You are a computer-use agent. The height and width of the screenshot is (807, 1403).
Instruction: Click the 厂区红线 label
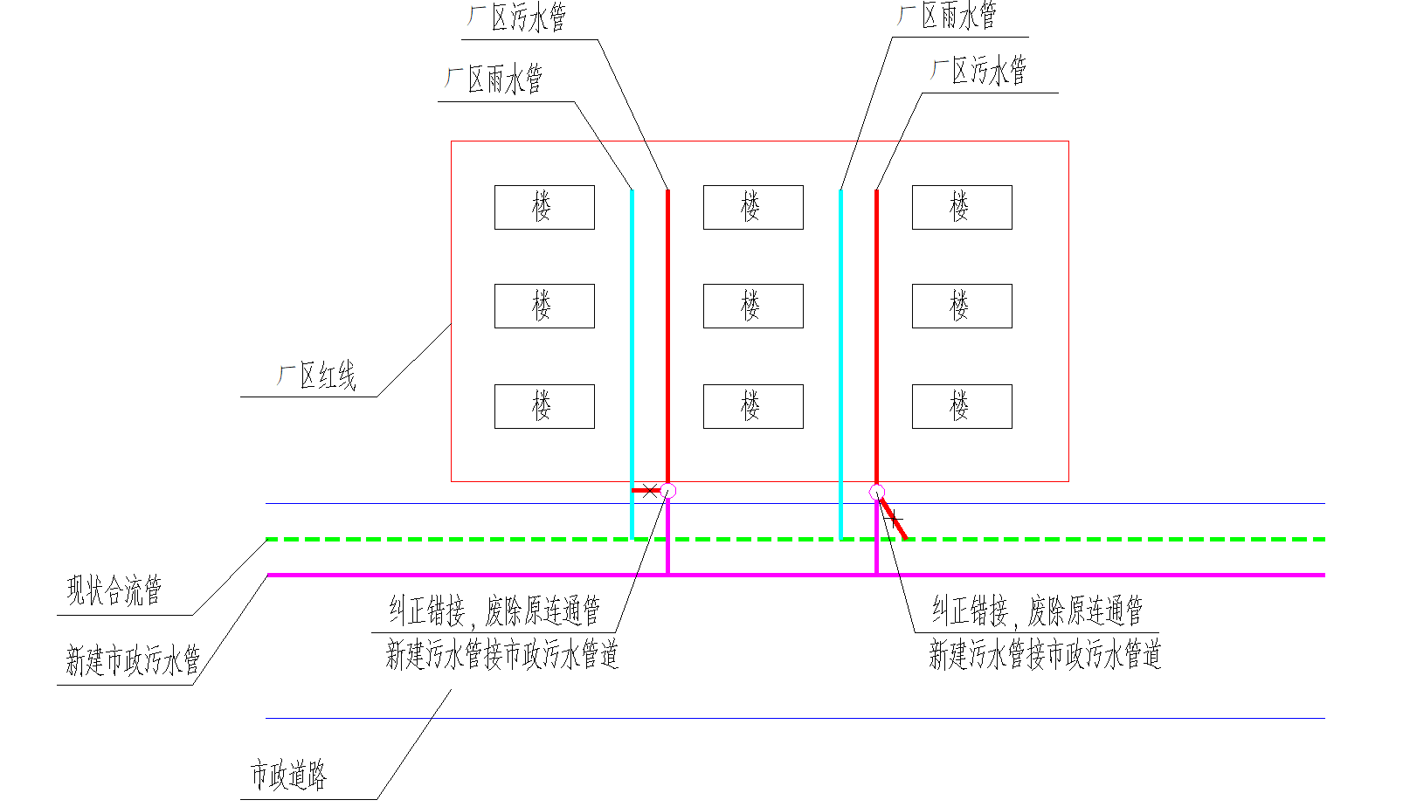pos(317,376)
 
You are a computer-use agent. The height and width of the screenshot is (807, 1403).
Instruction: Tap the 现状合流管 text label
pos(114,590)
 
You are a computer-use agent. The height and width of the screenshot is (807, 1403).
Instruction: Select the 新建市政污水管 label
pos(133,660)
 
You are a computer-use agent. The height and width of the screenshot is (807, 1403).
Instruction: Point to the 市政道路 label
pos(288,775)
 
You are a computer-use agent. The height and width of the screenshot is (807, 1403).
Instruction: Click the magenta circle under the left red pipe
pos(668,491)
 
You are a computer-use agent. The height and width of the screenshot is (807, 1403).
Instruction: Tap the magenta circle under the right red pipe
pos(877,493)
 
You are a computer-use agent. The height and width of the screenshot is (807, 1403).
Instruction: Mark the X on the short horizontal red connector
pos(651,490)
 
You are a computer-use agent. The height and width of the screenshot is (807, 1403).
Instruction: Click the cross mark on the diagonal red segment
pos(894,519)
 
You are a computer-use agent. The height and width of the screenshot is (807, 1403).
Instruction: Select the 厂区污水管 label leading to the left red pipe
pos(517,17)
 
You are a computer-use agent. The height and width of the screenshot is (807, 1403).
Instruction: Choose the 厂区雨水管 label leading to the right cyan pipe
pos(948,16)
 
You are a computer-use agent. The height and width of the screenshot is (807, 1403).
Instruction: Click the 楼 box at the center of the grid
pos(753,306)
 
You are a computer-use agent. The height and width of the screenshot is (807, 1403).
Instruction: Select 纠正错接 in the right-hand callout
pos(970,610)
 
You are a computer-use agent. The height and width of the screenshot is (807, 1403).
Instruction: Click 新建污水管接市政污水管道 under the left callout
pos(502,654)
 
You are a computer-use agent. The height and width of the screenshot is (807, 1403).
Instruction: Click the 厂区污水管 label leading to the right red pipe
pos(978,72)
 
